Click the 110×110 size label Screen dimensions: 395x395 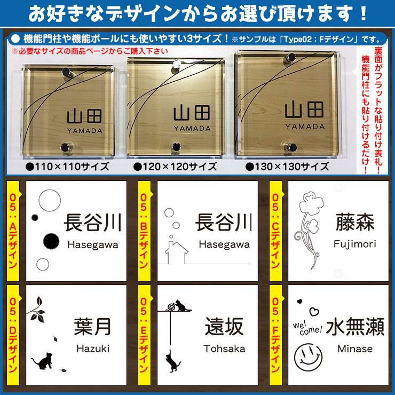coord(67,167)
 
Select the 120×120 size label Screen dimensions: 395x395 coord(175,167)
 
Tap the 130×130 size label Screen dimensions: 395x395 coord(287,167)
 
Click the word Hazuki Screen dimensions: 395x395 coord(93,349)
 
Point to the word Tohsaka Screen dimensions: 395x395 coord(224,349)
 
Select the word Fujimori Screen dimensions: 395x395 coord(354,244)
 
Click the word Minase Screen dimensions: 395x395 coord(355,349)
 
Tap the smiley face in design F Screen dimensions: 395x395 coord(308,357)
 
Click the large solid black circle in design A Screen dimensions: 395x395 coord(51,241)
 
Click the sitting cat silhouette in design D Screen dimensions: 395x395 coord(43,361)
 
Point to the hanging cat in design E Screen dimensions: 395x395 coord(173,361)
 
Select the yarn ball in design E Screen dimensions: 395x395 coord(171,307)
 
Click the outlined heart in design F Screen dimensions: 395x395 coord(314,312)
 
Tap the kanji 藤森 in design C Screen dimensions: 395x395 coord(355,222)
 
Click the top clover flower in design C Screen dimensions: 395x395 coord(309,202)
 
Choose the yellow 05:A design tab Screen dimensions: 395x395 coord(13,231)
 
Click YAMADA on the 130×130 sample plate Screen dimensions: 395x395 coord(305,127)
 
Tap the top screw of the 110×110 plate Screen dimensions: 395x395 coord(67,72)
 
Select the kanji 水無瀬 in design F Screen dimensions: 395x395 coord(355,327)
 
